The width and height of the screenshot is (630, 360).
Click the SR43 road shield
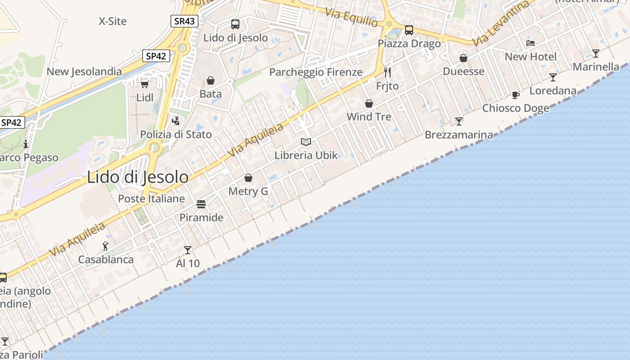tap(184, 21)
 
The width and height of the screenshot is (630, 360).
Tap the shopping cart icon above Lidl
tap(144, 84)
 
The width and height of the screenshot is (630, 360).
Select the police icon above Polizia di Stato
tap(176, 121)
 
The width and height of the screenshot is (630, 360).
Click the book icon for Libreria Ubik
tap(306, 142)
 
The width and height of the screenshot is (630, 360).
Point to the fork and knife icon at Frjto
tap(387, 72)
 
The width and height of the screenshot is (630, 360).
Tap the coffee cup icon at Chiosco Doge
tap(516, 95)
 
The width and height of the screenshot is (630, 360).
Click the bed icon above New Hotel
tap(531, 43)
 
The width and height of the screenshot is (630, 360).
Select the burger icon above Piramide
tap(201, 204)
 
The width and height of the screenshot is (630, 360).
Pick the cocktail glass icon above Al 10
tap(188, 250)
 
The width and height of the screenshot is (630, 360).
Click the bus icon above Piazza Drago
tap(409, 30)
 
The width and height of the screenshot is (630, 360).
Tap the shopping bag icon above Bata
tap(211, 81)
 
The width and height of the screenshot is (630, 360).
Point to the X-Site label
tap(112, 21)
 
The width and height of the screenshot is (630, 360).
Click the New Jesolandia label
tap(84, 71)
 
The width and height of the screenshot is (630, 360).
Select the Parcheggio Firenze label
tap(316, 72)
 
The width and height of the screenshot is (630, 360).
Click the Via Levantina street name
tap(501, 23)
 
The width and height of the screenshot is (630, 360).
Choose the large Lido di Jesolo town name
tap(138, 177)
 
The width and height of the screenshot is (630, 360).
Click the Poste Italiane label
tap(151, 198)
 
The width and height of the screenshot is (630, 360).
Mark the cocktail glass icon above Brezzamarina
tap(459, 121)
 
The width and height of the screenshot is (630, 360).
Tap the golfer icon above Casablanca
tap(105, 246)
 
